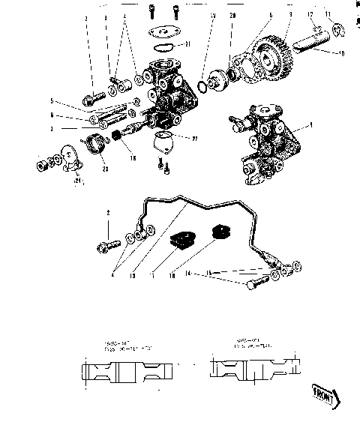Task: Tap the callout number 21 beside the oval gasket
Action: tap(187, 43)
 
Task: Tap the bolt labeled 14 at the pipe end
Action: tap(256, 285)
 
